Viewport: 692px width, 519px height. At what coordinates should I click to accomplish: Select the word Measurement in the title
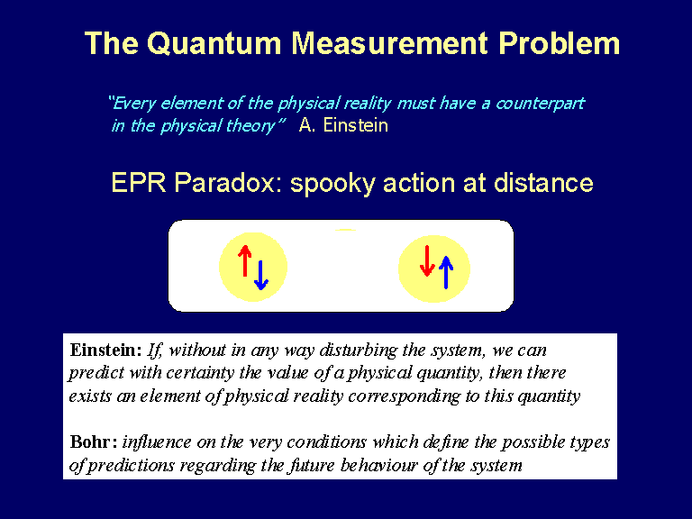pos(390,43)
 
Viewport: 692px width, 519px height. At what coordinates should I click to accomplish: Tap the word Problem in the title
pos(560,43)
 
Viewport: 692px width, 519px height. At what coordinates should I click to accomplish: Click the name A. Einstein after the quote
pos(343,125)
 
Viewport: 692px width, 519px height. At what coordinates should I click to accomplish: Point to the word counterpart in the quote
pos(540,104)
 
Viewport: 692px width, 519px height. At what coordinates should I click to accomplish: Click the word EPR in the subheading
pos(138,182)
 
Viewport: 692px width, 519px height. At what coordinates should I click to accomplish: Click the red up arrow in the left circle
pos(244,260)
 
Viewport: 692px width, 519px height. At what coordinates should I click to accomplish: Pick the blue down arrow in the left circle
pos(260,275)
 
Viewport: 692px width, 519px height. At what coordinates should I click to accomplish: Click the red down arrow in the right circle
pos(427,260)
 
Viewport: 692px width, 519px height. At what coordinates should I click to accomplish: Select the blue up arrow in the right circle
pos(446,272)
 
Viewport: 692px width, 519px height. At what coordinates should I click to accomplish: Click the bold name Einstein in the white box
pos(105,350)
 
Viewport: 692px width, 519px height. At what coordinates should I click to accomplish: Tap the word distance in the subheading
pos(543,182)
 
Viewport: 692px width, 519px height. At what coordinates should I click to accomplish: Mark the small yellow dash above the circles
pos(346,230)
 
